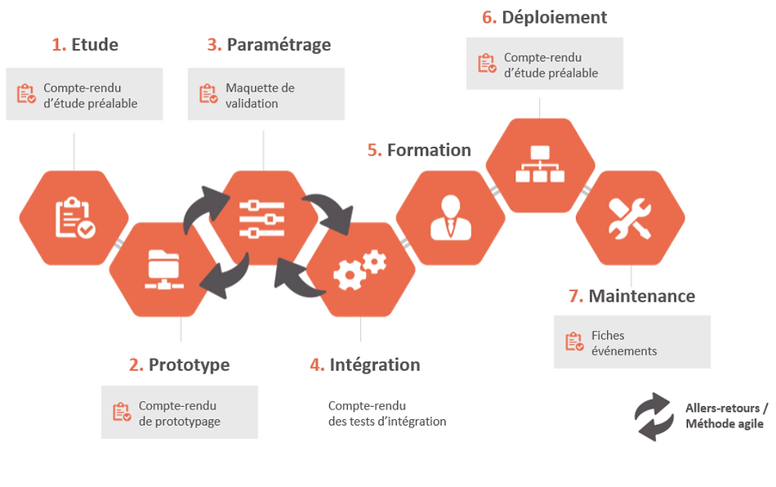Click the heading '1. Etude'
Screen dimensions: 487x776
[x=85, y=45]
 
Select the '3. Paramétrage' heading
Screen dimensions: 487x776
[x=269, y=45]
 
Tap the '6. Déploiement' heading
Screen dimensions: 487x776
[x=544, y=17]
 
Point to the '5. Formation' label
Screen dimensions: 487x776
[x=419, y=150]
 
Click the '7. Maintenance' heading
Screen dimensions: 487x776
[x=631, y=296]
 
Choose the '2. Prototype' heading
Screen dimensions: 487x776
[x=179, y=364]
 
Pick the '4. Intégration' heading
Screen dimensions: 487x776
[x=365, y=364]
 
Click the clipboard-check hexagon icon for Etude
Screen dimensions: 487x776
[x=74, y=218]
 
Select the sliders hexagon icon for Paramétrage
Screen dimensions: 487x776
[x=262, y=218]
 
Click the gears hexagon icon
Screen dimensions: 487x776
[x=359, y=270]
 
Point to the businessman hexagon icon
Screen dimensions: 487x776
[x=450, y=218]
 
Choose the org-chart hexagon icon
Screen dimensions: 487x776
[x=540, y=166]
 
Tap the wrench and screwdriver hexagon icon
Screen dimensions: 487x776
[x=630, y=218]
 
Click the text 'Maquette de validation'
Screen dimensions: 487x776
[x=260, y=96]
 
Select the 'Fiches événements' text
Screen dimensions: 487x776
[x=623, y=343]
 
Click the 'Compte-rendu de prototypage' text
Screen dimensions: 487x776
[x=179, y=413]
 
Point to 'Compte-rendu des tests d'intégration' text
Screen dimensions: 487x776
[x=387, y=413]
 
